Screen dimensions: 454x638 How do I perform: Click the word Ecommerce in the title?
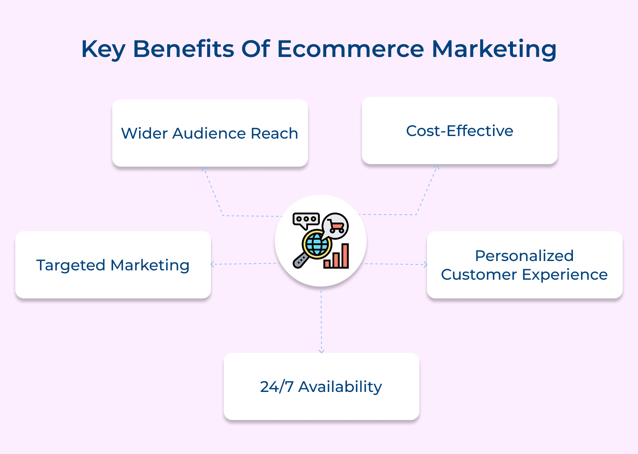click(350, 49)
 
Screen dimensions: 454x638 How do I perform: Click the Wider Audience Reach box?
click(210, 133)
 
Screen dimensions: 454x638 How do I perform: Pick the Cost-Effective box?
click(459, 131)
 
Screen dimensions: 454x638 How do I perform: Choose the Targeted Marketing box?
click(113, 265)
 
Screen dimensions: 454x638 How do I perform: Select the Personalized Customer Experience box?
click(524, 265)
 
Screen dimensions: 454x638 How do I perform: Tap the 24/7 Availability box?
click(321, 386)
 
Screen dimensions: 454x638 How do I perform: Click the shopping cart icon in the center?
click(336, 226)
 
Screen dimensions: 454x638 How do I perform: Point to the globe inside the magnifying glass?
click(316, 244)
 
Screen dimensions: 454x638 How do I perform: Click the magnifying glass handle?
click(300, 260)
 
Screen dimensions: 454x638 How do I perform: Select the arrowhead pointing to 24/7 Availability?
click(321, 351)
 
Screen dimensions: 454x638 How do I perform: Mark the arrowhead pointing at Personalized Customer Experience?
click(425, 264)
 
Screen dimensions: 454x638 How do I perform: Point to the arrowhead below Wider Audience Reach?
click(204, 169)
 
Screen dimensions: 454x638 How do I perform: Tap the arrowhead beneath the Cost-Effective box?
click(437, 167)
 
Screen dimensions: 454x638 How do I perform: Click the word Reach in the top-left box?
click(274, 133)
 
